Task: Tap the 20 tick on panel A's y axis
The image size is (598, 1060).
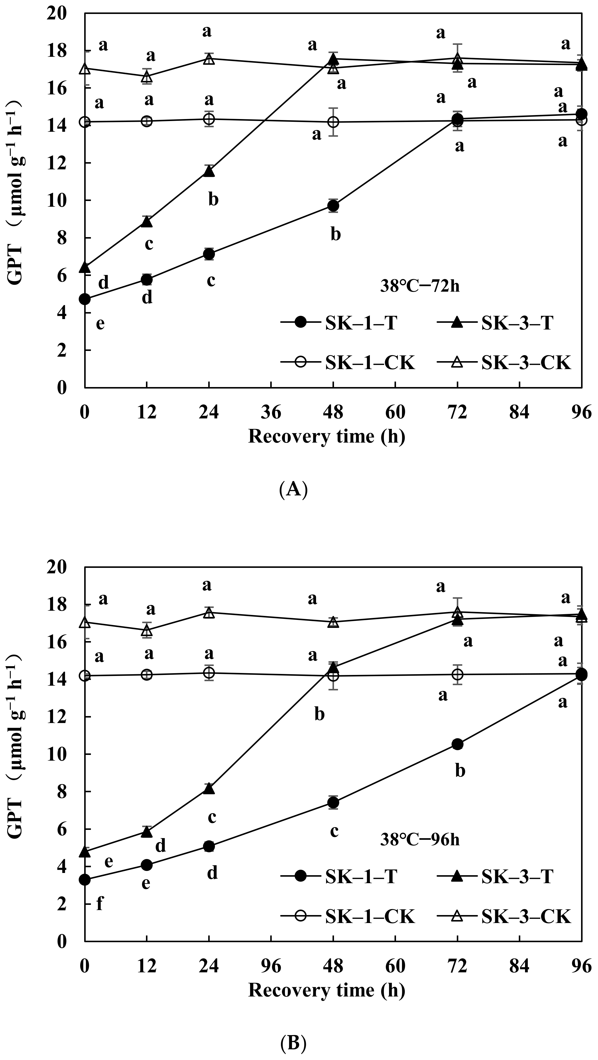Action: tap(58, 14)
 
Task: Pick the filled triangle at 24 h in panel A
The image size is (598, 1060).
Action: tap(209, 171)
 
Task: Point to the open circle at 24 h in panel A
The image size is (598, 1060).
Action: tap(209, 119)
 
